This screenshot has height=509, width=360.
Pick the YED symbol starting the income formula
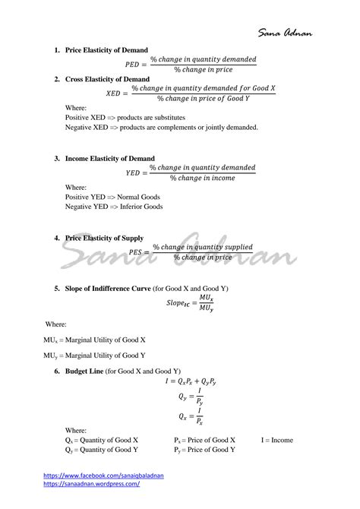[x=134, y=172]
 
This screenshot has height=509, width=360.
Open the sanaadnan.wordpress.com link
[x=91, y=483]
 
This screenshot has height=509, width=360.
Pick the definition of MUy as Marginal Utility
[x=94, y=355]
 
